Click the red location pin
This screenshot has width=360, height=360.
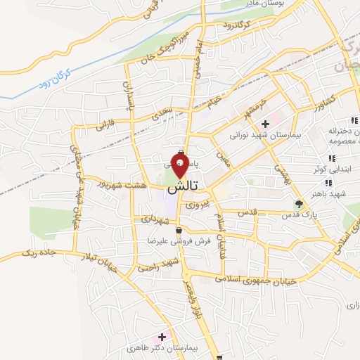click(x=181, y=167)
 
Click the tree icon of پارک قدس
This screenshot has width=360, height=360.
click(x=299, y=205)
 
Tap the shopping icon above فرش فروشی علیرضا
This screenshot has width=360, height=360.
click(x=181, y=230)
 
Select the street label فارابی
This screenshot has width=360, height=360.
click(x=103, y=124)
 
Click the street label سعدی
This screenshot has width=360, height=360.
click(x=160, y=109)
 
